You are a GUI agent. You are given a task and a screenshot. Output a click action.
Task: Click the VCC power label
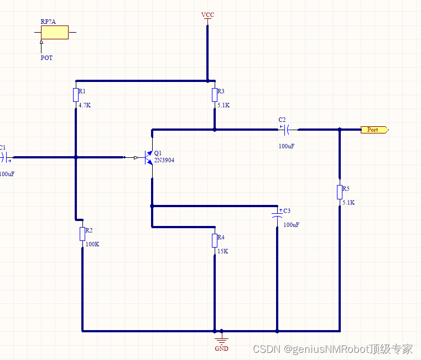tap(207, 14)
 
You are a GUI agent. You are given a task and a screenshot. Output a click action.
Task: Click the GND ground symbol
tap(221, 338)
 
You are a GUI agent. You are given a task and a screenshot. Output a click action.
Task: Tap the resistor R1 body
tap(76, 95)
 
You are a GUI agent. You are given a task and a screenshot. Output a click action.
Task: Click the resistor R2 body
tap(82, 234)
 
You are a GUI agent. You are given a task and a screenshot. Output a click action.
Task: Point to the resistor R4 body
tap(215, 241)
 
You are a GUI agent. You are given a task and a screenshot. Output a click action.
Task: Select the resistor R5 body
tap(340, 192)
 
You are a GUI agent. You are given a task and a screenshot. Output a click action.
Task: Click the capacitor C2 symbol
tap(287, 130)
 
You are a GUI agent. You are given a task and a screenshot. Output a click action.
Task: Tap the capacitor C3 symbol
tap(277, 214)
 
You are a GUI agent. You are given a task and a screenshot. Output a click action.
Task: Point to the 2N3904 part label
tap(164, 160)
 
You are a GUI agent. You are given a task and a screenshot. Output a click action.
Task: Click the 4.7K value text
tap(84, 105)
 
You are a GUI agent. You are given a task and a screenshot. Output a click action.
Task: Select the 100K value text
tap(92, 244)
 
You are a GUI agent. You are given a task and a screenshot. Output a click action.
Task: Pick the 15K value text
tap(222, 251)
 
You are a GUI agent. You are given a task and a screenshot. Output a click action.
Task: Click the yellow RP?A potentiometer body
tap(55, 32)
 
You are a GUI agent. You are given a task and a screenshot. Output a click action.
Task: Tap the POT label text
tap(47, 58)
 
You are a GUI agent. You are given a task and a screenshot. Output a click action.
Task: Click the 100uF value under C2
tap(287, 146)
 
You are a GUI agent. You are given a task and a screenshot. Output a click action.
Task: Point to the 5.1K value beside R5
tap(349, 202)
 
